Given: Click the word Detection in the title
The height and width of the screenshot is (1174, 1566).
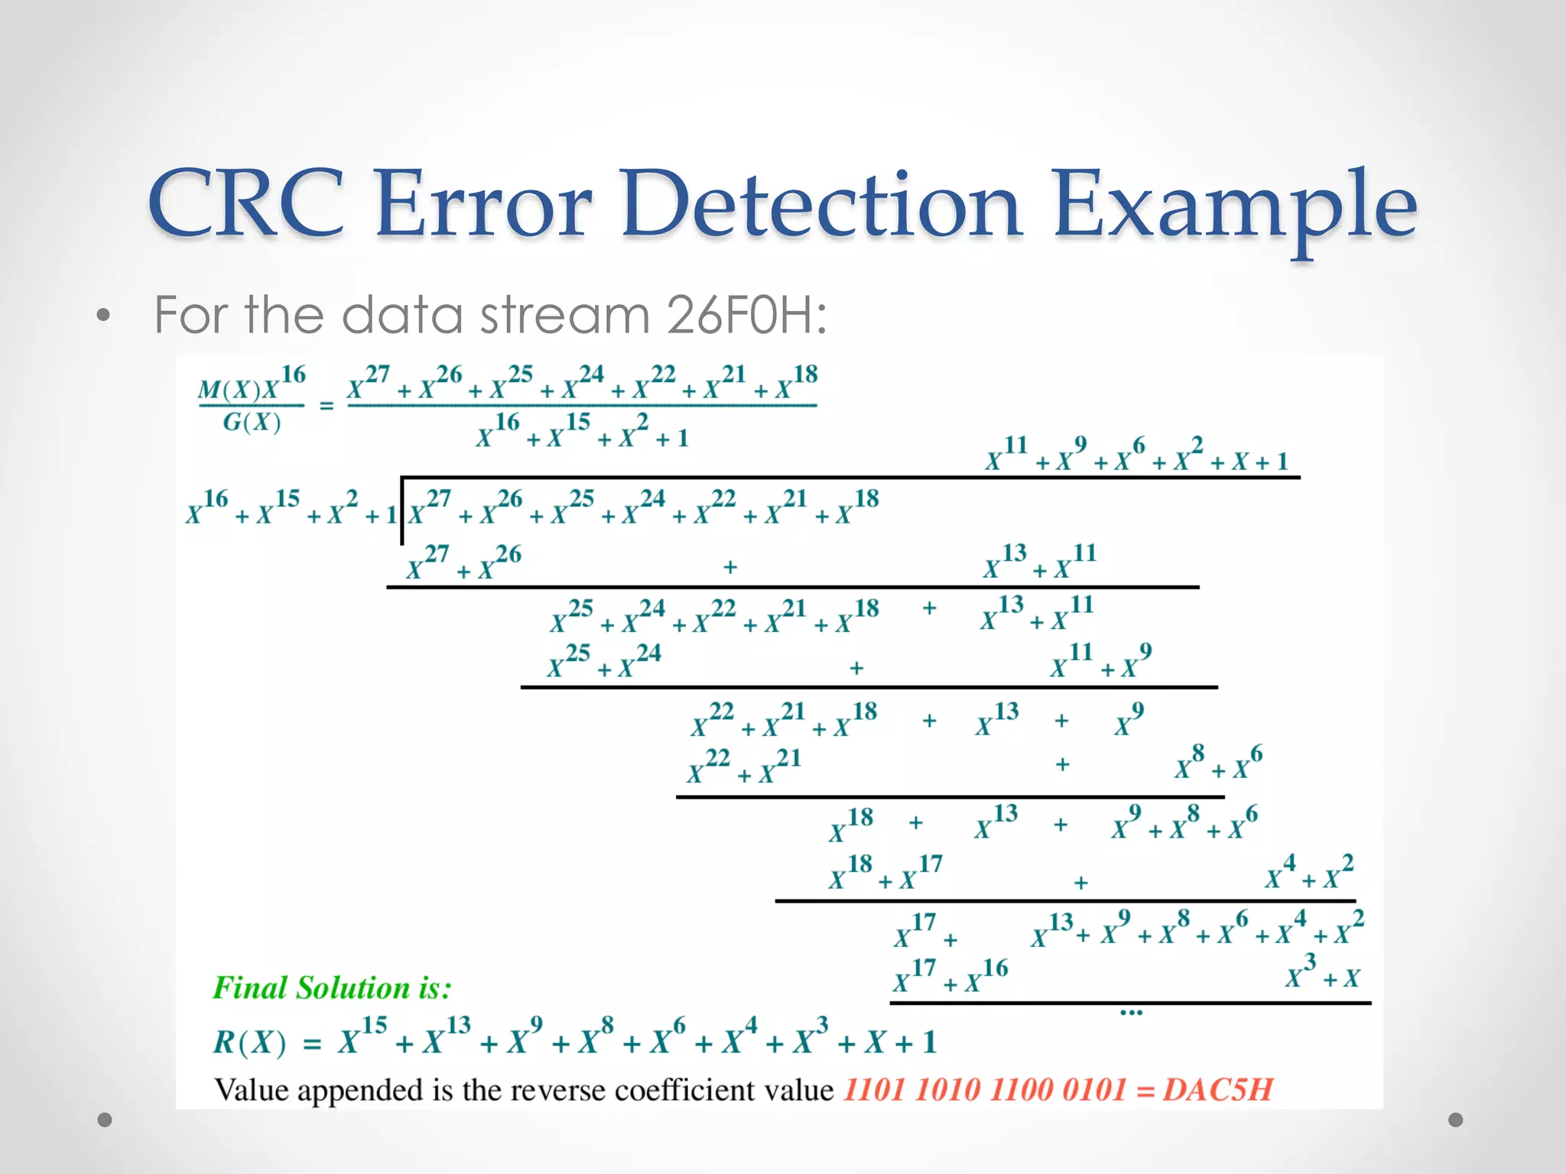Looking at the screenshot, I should (821, 204).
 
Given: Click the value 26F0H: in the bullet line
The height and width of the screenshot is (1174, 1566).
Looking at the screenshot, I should (746, 315).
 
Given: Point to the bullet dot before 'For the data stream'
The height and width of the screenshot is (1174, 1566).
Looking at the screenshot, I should (104, 315).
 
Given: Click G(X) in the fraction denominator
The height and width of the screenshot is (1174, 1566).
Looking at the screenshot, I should (252, 422).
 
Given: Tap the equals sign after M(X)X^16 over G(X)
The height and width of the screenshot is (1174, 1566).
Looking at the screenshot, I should (327, 406).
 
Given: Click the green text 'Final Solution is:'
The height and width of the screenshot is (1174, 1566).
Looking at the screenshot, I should (332, 988).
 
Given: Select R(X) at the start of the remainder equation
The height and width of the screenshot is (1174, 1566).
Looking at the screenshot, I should (249, 1042).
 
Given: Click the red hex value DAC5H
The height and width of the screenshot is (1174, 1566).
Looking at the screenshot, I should (1217, 1089).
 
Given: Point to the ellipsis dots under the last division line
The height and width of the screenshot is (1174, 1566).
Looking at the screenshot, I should (1130, 1013).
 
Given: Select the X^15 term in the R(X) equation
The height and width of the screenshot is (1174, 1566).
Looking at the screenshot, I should (363, 1037).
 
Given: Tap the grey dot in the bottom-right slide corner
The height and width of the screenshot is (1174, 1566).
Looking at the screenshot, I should (1456, 1120).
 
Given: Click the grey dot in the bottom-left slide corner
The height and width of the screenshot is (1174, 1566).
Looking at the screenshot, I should (105, 1120).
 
